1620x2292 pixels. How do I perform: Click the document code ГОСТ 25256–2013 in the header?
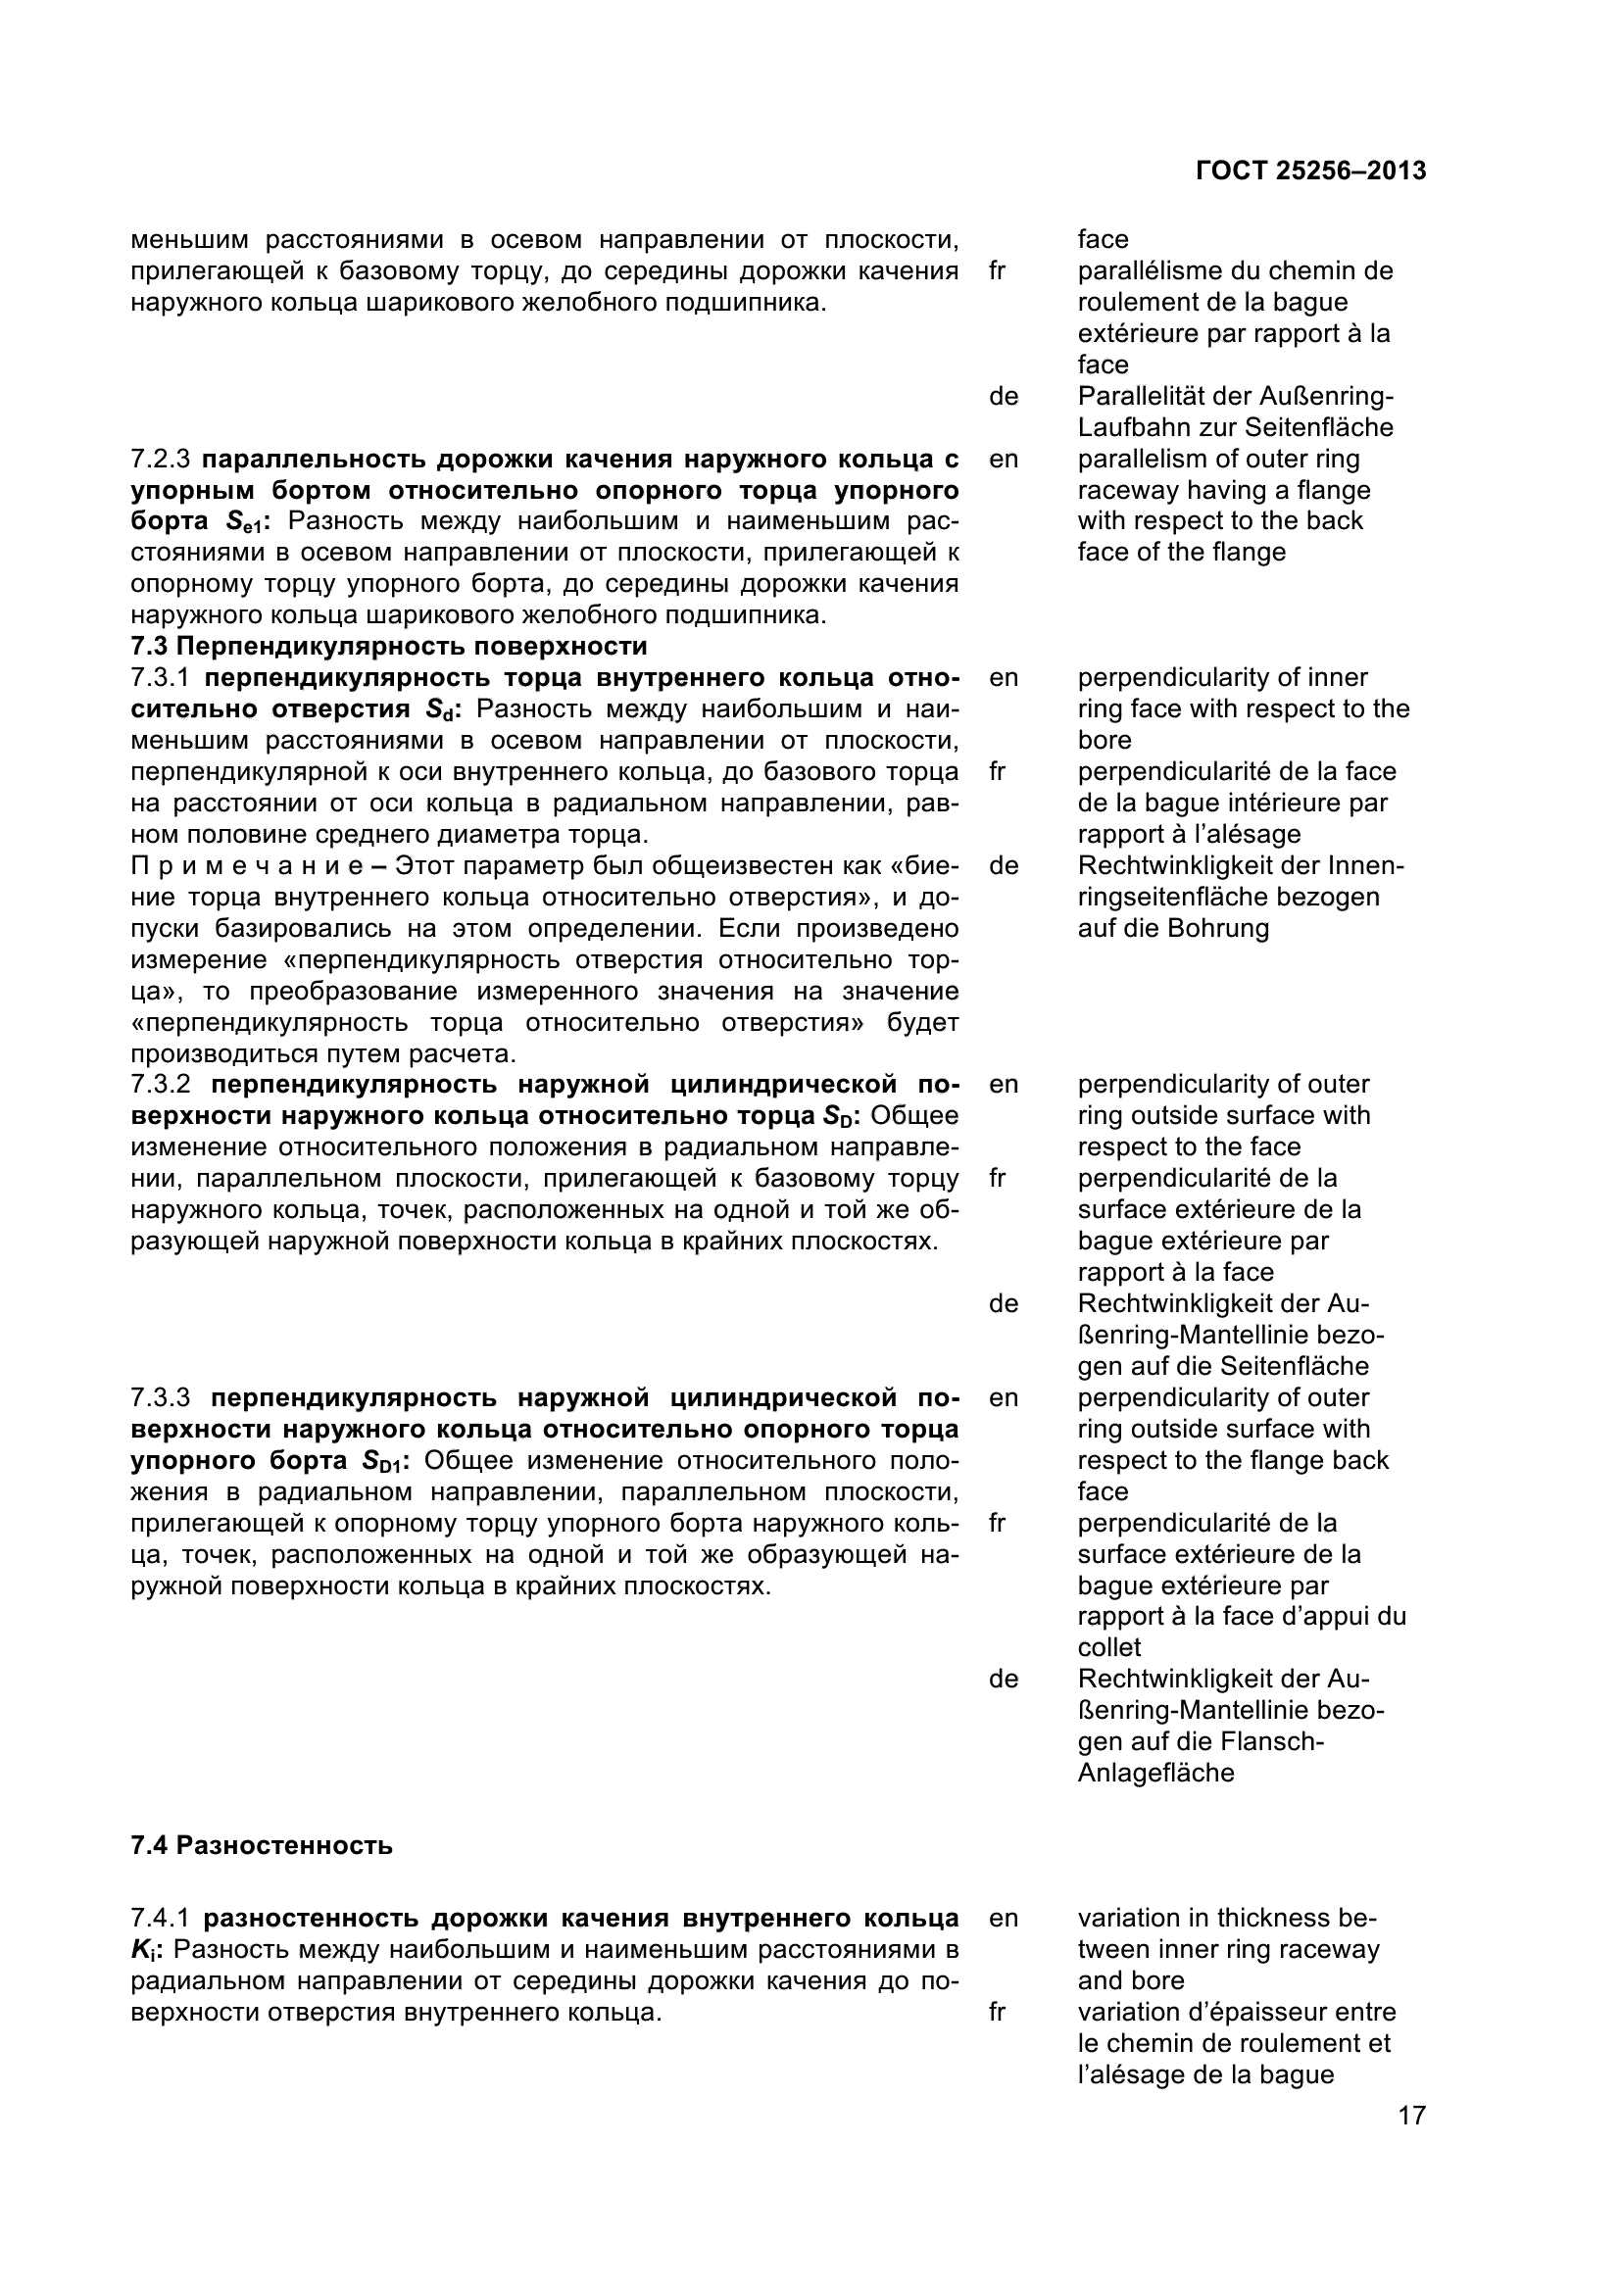(1310, 171)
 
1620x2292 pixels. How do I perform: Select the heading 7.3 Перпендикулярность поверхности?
(388, 646)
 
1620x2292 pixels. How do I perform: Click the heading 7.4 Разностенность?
(262, 1846)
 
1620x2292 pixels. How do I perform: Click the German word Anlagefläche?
(1155, 1773)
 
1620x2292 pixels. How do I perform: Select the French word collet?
(1109, 1647)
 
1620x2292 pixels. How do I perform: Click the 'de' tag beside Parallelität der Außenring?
(1004, 396)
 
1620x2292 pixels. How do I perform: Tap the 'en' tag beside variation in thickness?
(1004, 1918)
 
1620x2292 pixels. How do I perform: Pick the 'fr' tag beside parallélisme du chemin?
(997, 270)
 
